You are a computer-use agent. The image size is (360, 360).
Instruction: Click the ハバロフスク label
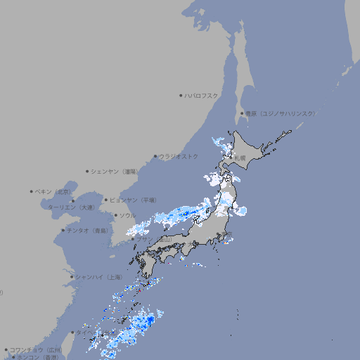click(x=202, y=95)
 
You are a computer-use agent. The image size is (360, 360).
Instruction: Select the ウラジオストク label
click(x=179, y=156)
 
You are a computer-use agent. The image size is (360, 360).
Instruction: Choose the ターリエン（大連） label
click(x=71, y=207)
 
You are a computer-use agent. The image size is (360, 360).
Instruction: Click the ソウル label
click(x=127, y=215)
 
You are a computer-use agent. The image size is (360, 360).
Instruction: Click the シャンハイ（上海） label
click(x=99, y=277)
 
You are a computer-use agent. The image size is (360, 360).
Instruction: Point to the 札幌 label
click(x=240, y=158)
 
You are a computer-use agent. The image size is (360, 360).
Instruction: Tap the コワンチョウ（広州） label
click(x=36, y=349)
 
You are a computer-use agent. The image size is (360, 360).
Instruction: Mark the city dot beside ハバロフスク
click(x=181, y=95)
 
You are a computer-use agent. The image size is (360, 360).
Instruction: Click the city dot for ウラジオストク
click(x=155, y=156)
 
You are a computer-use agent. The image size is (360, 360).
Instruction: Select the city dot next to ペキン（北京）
click(x=32, y=191)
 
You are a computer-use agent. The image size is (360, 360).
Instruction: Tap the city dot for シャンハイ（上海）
click(x=72, y=277)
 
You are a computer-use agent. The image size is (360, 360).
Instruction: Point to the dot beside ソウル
click(x=115, y=215)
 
